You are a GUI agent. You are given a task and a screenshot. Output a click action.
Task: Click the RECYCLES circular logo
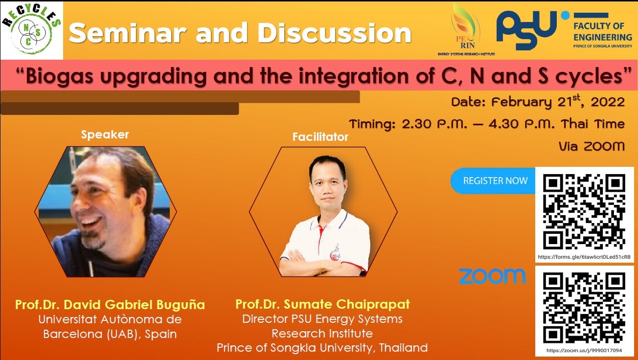click(x=31, y=29)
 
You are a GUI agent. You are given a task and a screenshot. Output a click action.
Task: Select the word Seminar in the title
click(x=128, y=33)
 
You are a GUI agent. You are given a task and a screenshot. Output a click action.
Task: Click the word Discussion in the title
click(x=334, y=33)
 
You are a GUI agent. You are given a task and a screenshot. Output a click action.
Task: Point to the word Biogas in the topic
click(x=60, y=77)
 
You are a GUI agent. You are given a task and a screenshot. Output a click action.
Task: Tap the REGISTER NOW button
click(x=494, y=181)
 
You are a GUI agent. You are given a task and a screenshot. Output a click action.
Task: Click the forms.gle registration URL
click(x=584, y=257)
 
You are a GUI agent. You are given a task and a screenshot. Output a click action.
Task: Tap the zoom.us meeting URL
click(x=584, y=350)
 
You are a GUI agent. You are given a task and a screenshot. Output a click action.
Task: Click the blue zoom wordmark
click(x=492, y=276)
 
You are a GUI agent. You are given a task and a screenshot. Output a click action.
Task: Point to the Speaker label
click(x=105, y=135)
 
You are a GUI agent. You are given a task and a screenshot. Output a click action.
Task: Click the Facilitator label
click(x=320, y=137)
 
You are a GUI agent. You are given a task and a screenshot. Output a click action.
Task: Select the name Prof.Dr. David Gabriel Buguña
click(x=110, y=305)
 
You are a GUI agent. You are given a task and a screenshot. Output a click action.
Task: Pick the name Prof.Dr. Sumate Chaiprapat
click(x=322, y=304)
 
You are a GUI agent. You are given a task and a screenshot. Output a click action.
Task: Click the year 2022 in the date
click(x=608, y=102)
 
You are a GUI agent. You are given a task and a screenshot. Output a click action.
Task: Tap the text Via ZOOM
click(x=592, y=146)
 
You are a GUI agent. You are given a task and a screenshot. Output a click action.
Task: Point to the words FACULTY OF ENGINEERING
click(x=602, y=32)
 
